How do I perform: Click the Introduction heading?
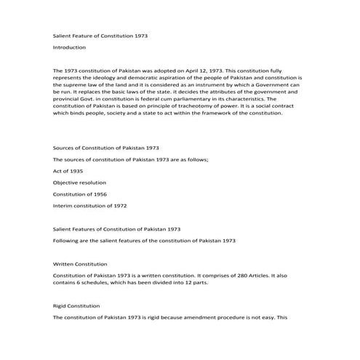(x=69, y=47)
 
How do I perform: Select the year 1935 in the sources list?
(x=76, y=170)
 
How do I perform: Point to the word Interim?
(x=63, y=206)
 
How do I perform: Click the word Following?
(x=68, y=241)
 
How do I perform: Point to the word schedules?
(x=97, y=284)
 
